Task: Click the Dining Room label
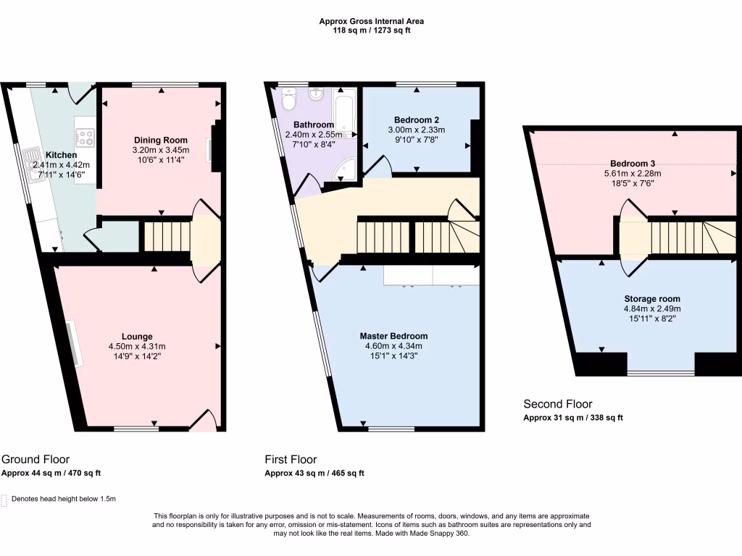[x=161, y=140]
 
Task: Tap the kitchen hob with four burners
[x=85, y=136]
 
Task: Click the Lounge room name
[x=137, y=337]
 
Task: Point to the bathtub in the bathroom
[x=345, y=112]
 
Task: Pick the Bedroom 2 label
[x=417, y=120]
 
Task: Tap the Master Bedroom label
[x=393, y=336]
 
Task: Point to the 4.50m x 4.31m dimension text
[x=137, y=346]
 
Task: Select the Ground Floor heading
[x=36, y=460]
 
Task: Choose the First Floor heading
[x=291, y=460]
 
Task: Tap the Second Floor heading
[x=558, y=404]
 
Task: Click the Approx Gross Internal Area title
[x=371, y=22]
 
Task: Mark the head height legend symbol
[x=5, y=500]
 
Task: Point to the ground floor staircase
[x=167, y=237]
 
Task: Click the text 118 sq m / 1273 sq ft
[x=371, y=31]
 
